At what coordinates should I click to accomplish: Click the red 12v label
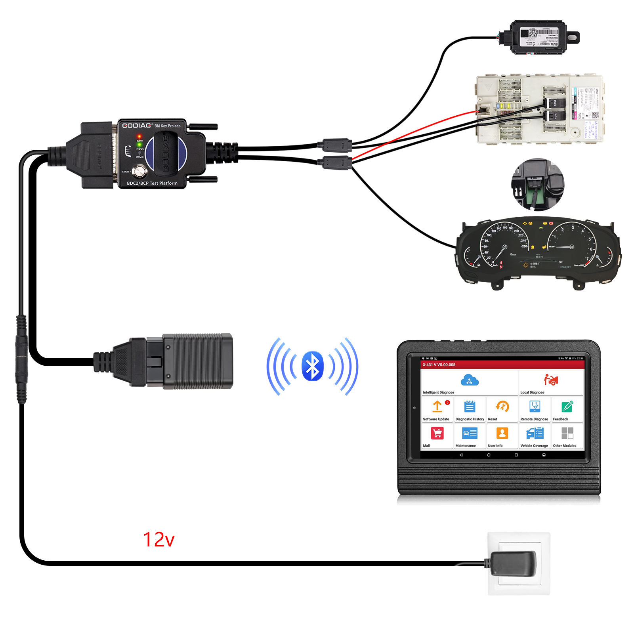(158, 540)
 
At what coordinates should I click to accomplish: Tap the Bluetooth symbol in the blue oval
(313, 366)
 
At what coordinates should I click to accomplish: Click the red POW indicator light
(139, 136)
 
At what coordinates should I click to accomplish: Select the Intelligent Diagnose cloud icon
(470, 381)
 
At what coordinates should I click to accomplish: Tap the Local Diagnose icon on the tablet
(551, 380)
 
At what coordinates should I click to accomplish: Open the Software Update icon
(437, 407)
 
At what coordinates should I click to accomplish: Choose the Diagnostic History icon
(470, 407)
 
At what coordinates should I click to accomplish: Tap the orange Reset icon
(502, 407)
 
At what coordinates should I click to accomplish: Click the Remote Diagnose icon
(535, 407)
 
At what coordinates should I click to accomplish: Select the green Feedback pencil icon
(567, 407)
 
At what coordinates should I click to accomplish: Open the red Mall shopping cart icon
(437, 433)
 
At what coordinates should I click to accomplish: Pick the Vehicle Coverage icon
(535, 433)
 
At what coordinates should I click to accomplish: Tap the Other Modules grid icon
(567, 433)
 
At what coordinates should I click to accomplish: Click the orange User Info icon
(502, 433)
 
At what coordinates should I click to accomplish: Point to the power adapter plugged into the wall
(513, 563)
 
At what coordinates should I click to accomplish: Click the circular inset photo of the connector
(538, 185)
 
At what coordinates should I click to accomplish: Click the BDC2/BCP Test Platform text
(152, 183)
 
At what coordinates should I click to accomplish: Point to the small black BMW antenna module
(539, 37)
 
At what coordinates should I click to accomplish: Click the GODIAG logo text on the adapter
(137, 126)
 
